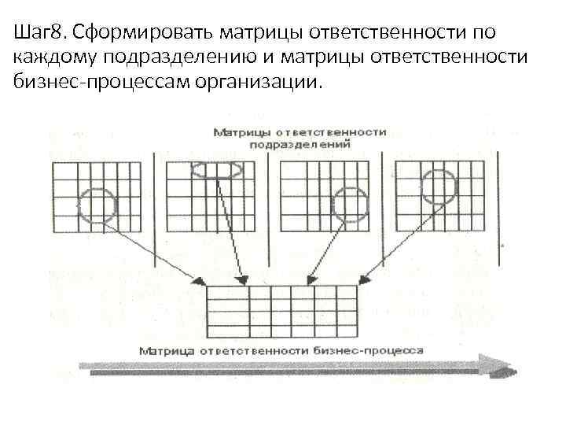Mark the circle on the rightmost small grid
click(437, 185)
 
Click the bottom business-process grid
click(282, 312)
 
